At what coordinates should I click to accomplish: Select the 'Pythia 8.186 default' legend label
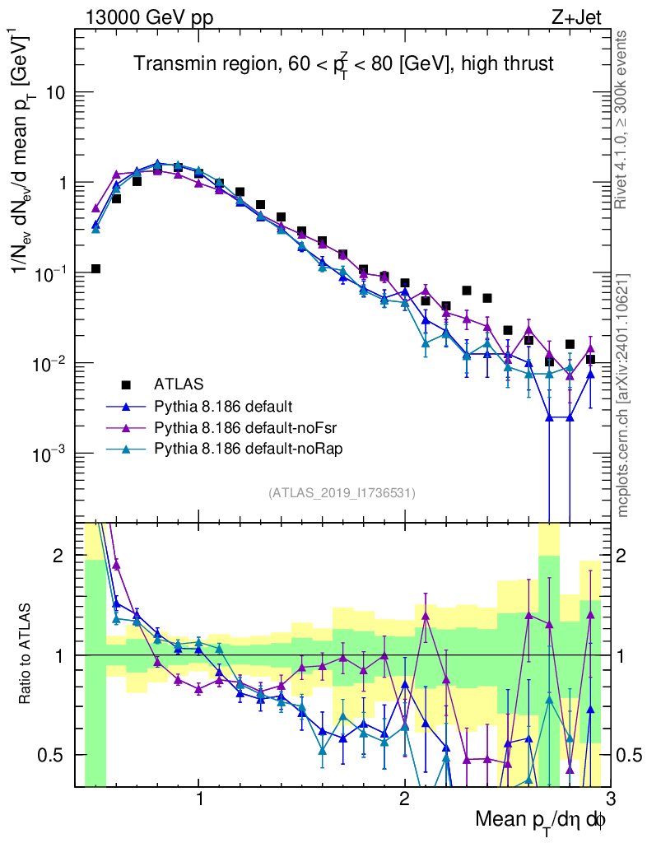[x=223, y=406]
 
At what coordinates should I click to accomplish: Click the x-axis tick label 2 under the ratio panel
[x=404, y=799]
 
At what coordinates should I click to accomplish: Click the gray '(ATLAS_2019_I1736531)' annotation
[x=342, y=493]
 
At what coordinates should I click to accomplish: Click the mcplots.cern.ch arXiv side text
[x=623, y=394]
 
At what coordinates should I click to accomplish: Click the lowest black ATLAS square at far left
[x=95, y=268]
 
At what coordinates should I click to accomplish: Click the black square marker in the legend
[x=126, y=384]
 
